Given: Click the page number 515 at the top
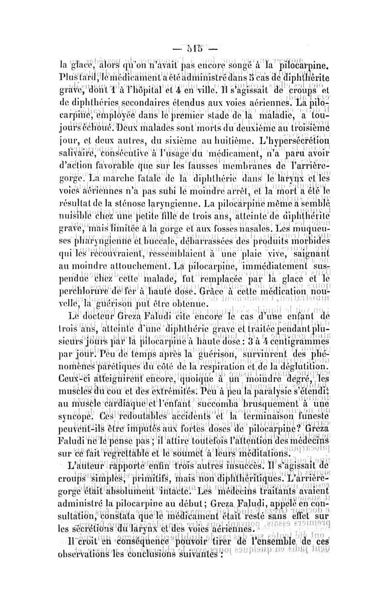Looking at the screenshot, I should tap(194, 50).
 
